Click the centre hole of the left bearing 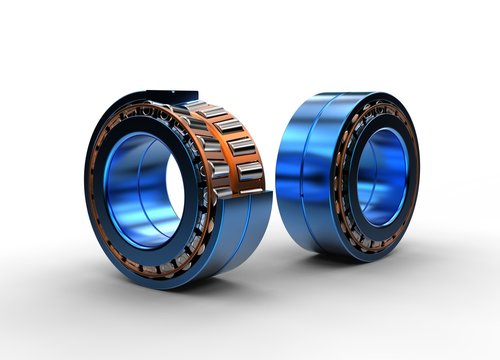[150, 190]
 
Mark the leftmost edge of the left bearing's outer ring [86, 190]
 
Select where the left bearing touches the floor [175, 288]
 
